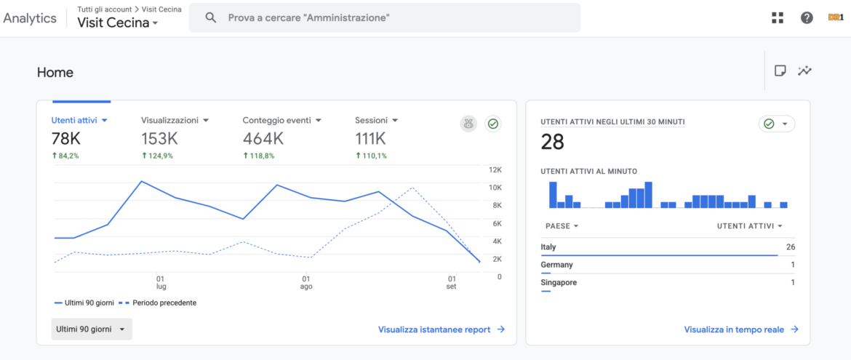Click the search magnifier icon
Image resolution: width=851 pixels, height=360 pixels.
pos(211,17)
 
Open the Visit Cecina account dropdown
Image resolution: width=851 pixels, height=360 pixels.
pos(117,23)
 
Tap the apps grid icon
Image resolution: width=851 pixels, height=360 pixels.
pos(778,17)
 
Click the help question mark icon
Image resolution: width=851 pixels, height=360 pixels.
pos(807,17)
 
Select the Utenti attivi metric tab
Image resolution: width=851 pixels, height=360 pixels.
pos(80,120)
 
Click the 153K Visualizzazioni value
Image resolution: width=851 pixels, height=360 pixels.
pos(159,139)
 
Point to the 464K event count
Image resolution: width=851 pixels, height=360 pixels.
pos(263,139)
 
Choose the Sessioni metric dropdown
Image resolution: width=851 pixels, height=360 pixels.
pos(377,120)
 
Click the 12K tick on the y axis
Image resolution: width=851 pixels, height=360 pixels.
pos(495,170)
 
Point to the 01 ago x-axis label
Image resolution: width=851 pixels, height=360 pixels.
pos(307,281)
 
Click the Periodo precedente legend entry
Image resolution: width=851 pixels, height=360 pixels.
pos(158,303)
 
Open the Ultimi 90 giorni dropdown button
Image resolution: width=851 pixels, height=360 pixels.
pos(92,329)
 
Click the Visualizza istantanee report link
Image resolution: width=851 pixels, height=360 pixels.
pos(442,329)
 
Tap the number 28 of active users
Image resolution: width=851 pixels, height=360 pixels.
pos(553,142)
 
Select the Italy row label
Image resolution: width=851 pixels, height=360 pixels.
pos(548,247)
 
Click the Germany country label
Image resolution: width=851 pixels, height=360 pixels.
pos(557,265)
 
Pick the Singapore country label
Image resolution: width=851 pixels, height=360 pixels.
pos(559,282)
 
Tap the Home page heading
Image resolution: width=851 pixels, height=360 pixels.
pos(55,72)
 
